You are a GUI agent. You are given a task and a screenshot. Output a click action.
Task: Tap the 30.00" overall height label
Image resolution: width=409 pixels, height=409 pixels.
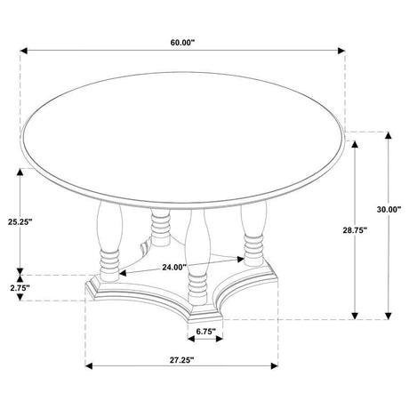[x=389, y=210]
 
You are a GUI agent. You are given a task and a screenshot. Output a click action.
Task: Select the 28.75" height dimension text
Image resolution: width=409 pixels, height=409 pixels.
[x=356, y=229]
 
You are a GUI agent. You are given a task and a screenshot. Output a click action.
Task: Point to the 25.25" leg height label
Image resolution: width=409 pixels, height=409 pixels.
[x=19, y=221]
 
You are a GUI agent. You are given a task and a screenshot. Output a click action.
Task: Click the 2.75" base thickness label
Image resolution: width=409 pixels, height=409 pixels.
[x=19, y=288]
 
